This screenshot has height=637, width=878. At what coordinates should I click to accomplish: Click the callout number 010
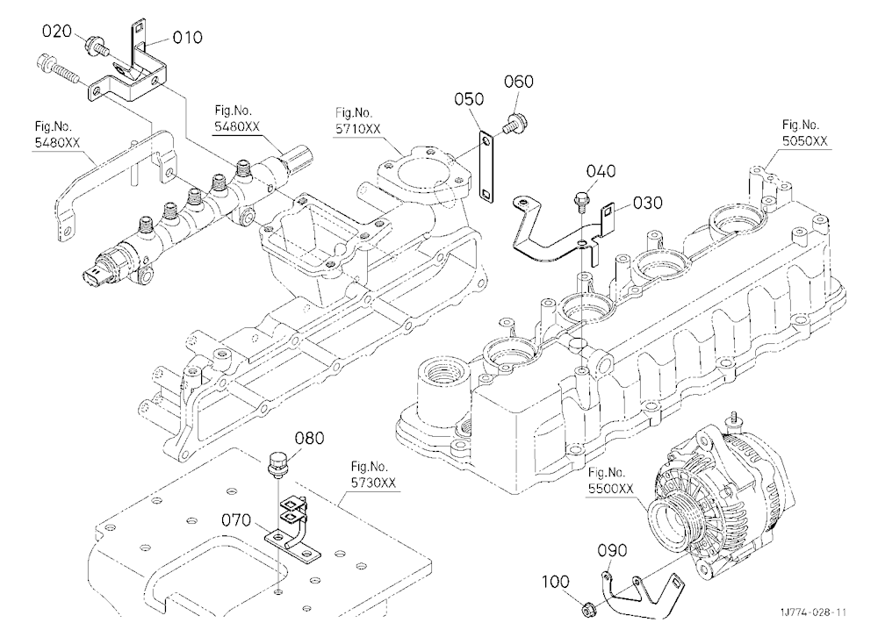pyautogui.click(x=187, y=38)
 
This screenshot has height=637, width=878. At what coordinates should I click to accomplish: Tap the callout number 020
pyautogui.click(x=57, y=31)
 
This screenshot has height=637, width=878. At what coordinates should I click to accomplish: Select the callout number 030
pyautogui.click(x=648, y=203)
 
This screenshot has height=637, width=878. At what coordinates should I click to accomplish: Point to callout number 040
pyautogui.click(x=601, y=171)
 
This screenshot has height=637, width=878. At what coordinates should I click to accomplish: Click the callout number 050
pyautogui.click(x=469, y=99)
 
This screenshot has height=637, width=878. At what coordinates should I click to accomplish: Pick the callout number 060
pyautogui.click(x=519, y=82)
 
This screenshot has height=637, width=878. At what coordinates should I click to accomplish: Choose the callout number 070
pyautogui.click(x=236, y=520)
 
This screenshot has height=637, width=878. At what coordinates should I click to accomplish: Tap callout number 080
pyautogui.click(x=309, y=438)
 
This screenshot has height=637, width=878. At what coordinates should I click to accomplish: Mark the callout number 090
pyautogui.click(x=613, y=551)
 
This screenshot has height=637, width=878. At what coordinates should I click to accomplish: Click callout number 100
pyautogui.click(x=556, y=582)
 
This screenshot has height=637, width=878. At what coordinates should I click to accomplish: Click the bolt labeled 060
pyautogui.click(x=511, y=123)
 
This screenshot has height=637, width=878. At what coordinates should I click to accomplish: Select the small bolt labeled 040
pyautogui.click(x=579, y=202)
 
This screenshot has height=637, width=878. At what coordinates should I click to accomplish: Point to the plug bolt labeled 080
pyautogui.click(x=277, y=465)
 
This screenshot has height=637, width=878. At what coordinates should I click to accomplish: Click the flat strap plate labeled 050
pyautogui.click(x=486, y=166)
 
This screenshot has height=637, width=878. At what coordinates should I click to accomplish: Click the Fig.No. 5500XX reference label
pyautogui.click(x=610, y=481)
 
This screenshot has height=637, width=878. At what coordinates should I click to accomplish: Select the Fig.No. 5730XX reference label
pyautogui.click(x=373, y=475)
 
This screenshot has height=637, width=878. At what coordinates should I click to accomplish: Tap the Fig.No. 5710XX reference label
pyautogui.click(x=358, y=121)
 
